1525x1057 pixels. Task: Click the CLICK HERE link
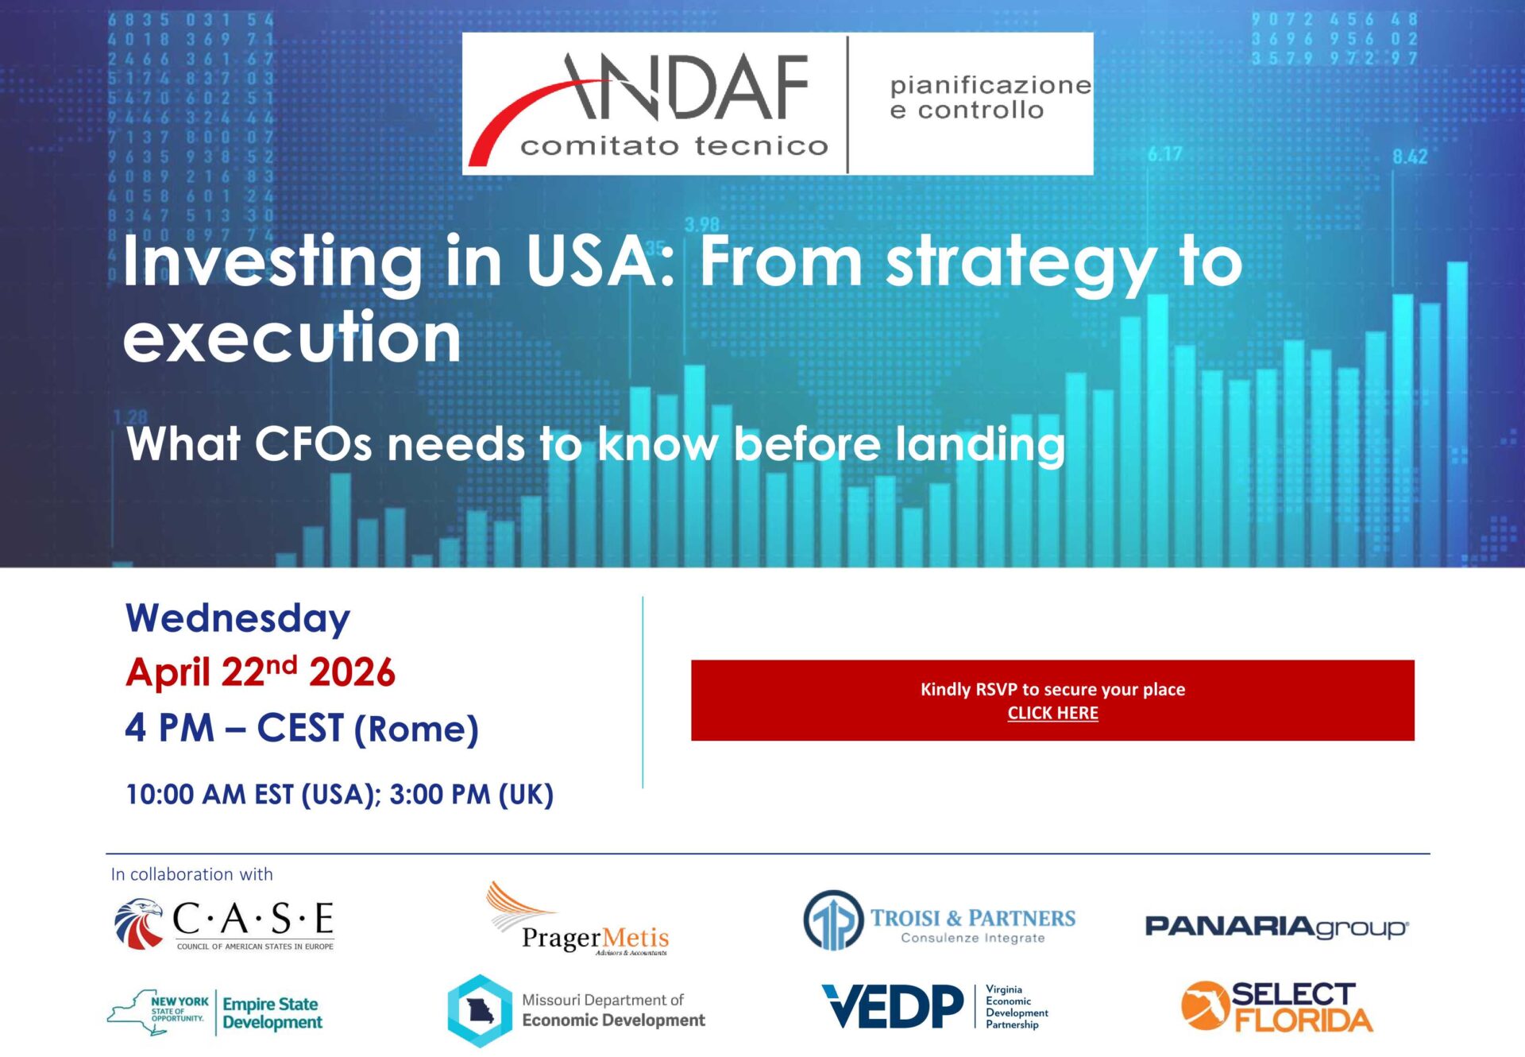click(1052, 713)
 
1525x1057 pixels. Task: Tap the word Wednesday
click(237, 619)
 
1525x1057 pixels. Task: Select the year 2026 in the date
click(352, 673)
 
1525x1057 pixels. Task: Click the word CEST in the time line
click(300, 728)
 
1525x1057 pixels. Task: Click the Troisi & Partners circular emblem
click(832, 920)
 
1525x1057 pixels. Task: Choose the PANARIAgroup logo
click(1276, 927)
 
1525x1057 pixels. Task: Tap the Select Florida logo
click(1276, 1006)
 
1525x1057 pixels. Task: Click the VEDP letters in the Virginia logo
click(893, 1006)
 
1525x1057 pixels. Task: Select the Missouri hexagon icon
click(480, 1011)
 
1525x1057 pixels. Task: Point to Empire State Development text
click(272, 1013)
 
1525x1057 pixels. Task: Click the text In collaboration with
click(191, 874)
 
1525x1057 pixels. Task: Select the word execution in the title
click(292, 337)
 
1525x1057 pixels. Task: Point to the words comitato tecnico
click(674, 146)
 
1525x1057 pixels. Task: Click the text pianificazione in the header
click(990, 85)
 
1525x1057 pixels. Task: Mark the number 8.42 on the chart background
click(1409, 157)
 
